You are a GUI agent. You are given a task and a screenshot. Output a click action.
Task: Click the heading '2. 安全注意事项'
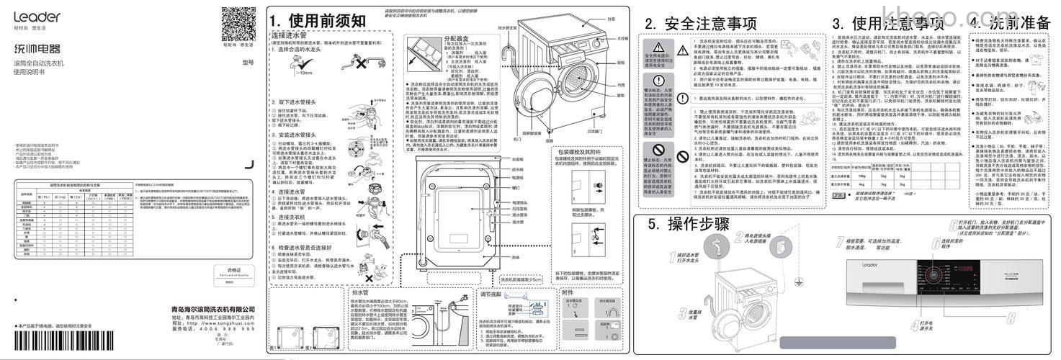click(x=700, y=24)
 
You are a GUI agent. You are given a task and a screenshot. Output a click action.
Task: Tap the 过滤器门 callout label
click(x=595, y=131)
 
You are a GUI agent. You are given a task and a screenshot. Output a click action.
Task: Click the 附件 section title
click(x=568, y=293)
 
